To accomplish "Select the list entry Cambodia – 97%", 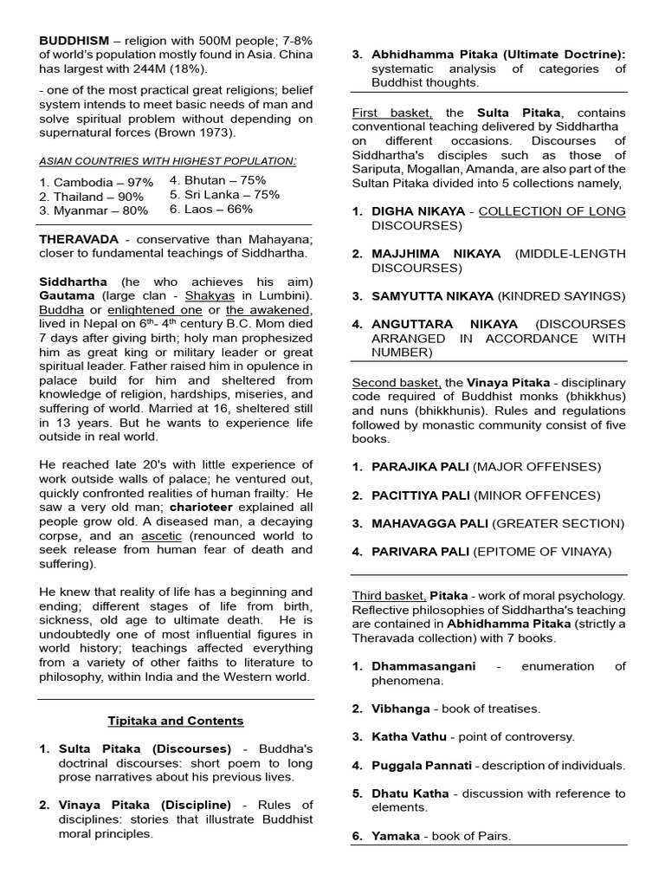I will pos(95,182).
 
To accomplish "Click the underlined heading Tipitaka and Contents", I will pos(176,721).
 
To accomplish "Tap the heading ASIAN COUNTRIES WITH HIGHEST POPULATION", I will pos(168,161).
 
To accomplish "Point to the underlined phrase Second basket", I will pos(396,382).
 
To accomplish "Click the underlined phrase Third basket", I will pos(388,596).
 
